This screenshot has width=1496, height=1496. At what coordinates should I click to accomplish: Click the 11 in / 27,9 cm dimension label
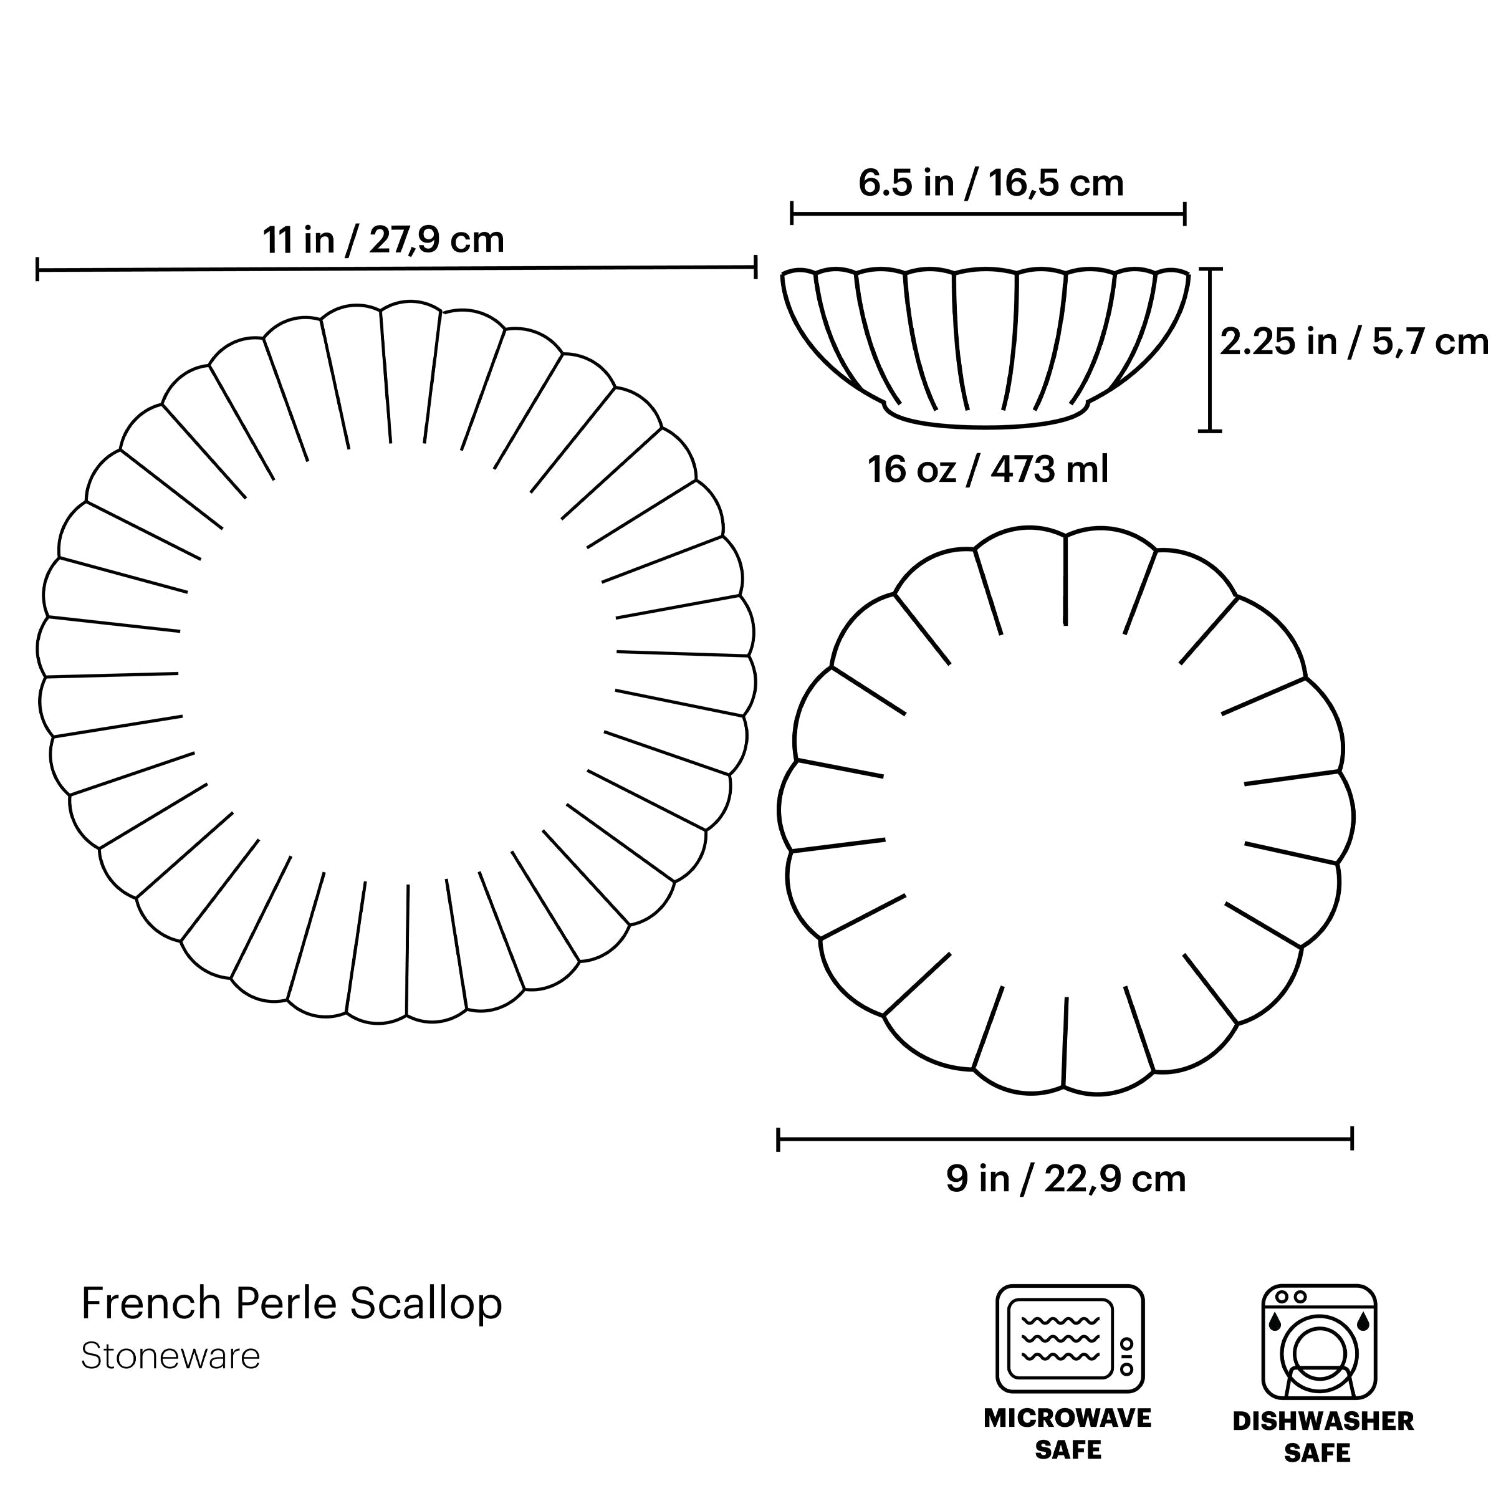[383, 240]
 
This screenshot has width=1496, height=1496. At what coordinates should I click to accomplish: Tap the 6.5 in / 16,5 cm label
[990, 183]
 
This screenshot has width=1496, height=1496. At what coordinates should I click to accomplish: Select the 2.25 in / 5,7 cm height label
[1353, 342]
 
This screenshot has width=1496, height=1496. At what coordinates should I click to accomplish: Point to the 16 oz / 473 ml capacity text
[987, 470]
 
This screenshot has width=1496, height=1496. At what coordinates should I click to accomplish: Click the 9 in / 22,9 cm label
[1065, 1179]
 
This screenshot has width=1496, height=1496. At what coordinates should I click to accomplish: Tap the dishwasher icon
[1319, 1342]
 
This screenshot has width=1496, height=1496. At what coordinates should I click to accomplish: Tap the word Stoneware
[170, 1356]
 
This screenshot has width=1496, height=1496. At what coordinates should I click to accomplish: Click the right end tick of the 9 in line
[1352, 1139]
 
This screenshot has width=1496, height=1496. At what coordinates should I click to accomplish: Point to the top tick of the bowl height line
[1209, 269]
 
